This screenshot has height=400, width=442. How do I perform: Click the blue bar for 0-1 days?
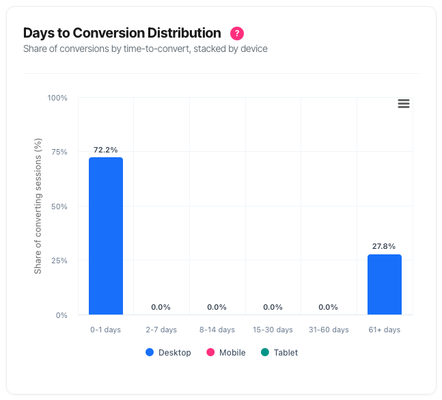pos(106,236)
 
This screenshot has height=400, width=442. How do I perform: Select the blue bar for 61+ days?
pos(385,284)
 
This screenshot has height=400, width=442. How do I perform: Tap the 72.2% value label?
pos(106,150)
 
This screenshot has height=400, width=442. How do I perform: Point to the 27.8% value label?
pos(385,246)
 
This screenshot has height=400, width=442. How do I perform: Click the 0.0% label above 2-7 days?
pos(161,307)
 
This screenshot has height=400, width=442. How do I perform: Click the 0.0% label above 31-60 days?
pos(329,307)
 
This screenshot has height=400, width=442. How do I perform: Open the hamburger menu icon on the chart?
pos(404,103)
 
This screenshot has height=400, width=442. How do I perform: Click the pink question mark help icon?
pos(237,33)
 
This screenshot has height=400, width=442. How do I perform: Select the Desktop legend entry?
pos(168,353)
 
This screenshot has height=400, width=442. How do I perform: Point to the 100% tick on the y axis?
pos(57,98)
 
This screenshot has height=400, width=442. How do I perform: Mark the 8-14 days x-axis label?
pos(217,330)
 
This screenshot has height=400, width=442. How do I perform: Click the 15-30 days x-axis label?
pos(273,330)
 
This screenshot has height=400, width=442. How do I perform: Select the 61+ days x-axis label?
pos(385,330)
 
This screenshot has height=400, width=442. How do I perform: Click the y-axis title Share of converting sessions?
pos(39,206)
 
